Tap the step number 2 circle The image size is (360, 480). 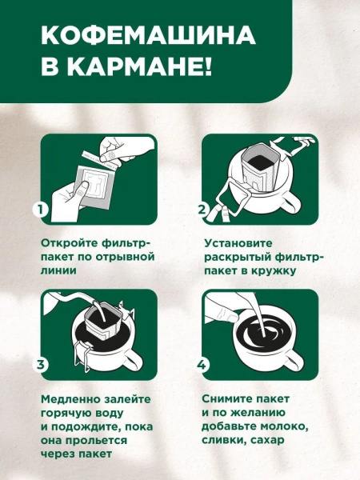(203, 210)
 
